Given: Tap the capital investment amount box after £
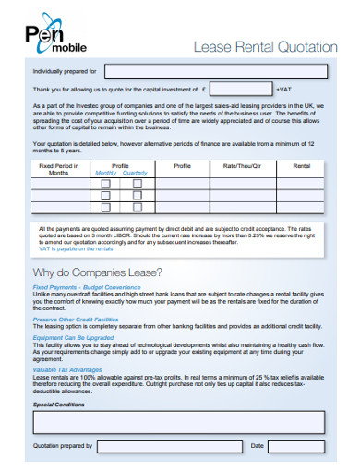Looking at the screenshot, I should (240, 90).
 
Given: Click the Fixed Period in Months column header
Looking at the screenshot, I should (59, 169).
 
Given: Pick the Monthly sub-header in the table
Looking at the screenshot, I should (106, 173).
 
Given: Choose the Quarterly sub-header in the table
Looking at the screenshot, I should (135, 173).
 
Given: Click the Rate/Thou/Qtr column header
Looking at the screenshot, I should (242, 166).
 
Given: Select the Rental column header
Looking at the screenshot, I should (301, 166).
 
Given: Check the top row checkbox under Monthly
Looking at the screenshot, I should (106, 184).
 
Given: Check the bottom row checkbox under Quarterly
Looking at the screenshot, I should (137, 210).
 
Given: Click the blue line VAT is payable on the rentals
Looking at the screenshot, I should (77, 249).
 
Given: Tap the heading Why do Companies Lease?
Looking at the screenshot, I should (97, 272).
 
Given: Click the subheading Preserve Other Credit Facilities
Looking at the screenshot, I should (76, 318).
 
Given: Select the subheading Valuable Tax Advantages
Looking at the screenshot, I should (68, 369).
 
